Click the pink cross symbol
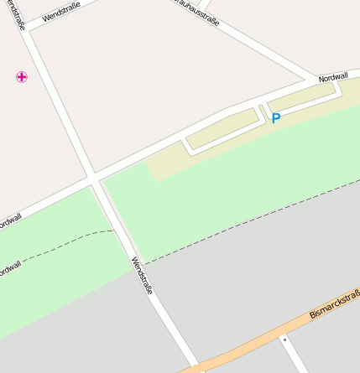[22, 77]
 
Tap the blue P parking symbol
[275, 119]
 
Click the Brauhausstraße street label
[196, 12]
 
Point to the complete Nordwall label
[333, 77]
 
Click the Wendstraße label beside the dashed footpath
[141, 275]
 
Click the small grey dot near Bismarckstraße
[284, 339]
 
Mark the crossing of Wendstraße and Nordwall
[91, 178]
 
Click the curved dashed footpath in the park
[59, 243]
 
